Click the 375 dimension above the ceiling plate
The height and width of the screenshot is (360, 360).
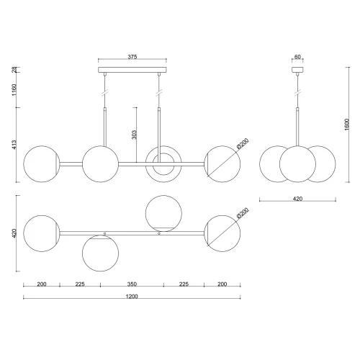click(132, 57)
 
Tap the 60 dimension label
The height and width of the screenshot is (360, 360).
click(297, 57)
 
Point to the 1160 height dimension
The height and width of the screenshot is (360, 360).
click(14, 90)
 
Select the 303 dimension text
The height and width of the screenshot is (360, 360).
click(134, 135)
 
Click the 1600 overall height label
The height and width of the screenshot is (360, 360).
click(347, 125)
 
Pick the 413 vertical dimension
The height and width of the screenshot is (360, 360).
click(14, 145)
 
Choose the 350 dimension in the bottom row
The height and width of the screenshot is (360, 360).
click(132, 284)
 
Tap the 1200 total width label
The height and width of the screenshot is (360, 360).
click(132, 297)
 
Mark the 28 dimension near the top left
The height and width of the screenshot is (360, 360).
click(14, 70)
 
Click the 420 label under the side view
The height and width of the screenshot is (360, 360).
click(297, 199)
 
